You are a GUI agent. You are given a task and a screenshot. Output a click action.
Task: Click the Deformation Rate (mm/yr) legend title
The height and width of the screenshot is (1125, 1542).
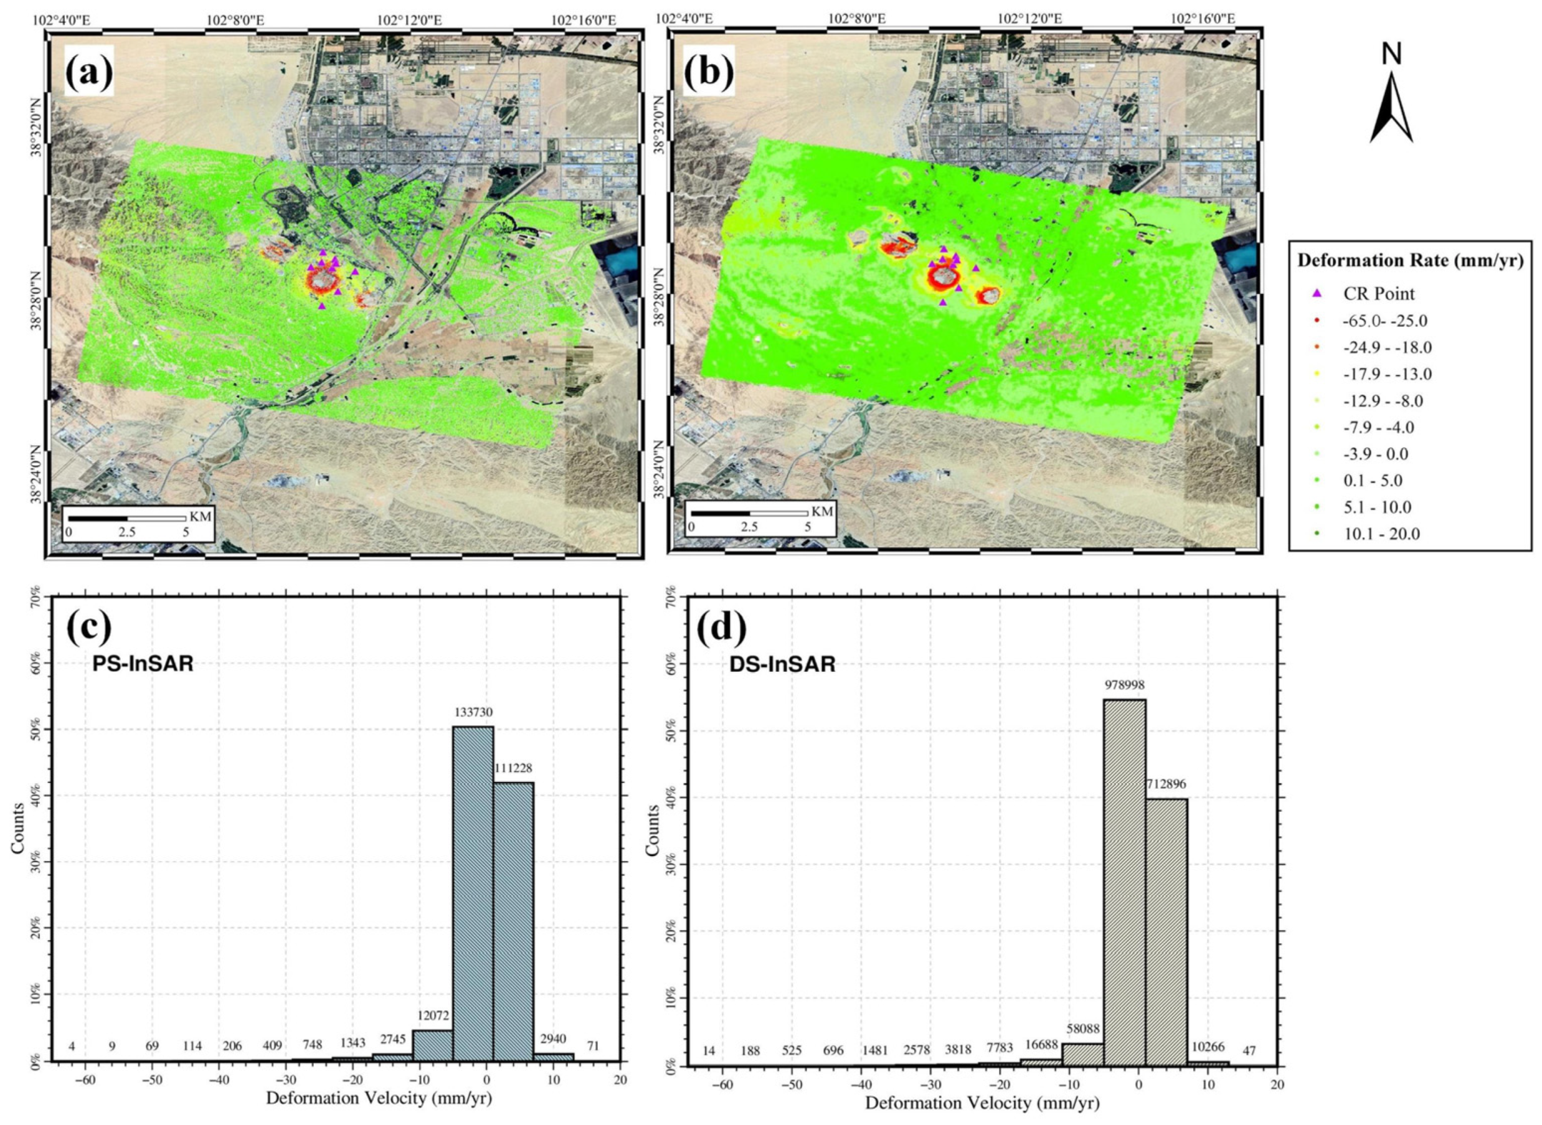click(1410, 260)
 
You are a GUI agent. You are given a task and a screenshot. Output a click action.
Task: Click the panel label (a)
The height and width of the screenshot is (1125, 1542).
click(89, 73)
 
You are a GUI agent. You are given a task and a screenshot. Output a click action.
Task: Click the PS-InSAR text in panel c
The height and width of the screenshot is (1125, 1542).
click(143, 663)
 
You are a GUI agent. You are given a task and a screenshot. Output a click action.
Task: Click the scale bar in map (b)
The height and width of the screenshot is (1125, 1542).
click(749, 512)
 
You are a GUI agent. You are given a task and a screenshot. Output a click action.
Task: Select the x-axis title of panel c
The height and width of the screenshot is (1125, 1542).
click(378, 1117)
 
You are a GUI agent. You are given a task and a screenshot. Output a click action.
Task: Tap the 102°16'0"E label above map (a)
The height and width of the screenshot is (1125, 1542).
click(583, 21)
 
